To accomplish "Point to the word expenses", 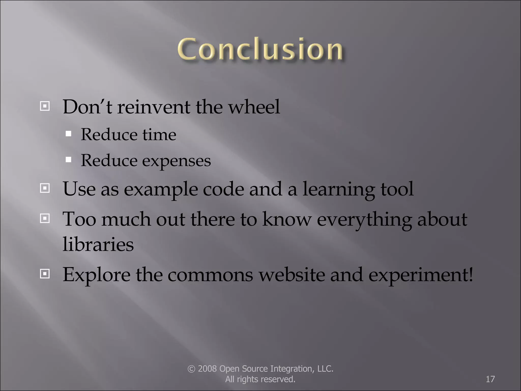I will (176, 161).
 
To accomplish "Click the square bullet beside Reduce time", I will (68, 134).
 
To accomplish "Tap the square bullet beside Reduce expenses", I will (68, 160).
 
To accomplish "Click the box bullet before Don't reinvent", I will (45, 106).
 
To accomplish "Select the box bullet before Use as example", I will (45, 188).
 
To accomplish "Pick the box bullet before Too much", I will (45, 218).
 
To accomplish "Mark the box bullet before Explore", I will (45, 274).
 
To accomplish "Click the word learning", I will (338, 190).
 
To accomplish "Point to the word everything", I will (364, 220).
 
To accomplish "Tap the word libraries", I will (98, 244).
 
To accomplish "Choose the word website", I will (292, 275).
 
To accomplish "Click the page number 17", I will (490, 379).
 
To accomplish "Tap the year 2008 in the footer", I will (207, 369).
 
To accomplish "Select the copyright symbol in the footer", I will (191, 369).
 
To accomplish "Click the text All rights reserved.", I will (260, 379).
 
